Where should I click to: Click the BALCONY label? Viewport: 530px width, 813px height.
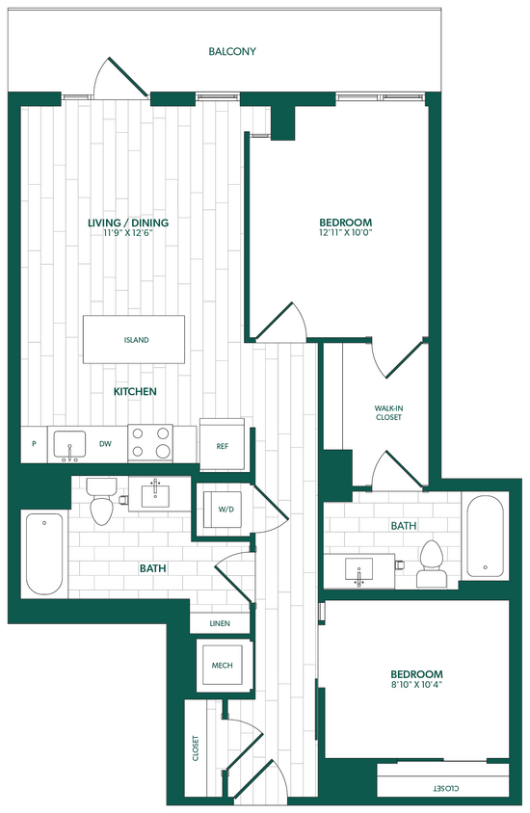[232, 51]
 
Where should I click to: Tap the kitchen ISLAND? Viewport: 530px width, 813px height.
[136, 340]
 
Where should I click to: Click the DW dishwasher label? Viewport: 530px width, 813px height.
[105, 445]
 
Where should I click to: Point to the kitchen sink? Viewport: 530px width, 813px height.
[69, 444]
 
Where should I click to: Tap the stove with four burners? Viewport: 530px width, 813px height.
[150, 443]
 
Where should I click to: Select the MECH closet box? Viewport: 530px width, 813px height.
[223, 664]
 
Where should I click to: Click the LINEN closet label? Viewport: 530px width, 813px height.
[221, 624]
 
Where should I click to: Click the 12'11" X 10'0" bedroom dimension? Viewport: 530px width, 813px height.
[345, 232]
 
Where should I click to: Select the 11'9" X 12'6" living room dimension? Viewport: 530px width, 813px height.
[128, 232]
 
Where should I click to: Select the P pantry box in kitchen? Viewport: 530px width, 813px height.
[34, 445]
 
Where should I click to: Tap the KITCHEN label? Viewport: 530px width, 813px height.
[136, 392]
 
